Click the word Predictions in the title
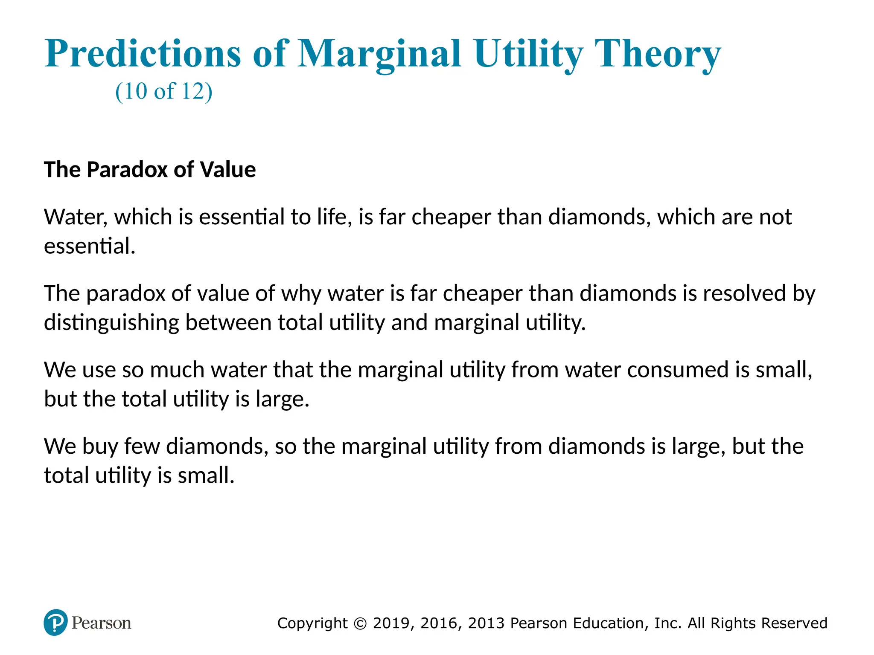pos(143,54)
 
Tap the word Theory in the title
pos(658,54)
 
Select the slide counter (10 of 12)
pos(163,91)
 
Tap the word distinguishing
pos(111,323)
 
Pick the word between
pos(228,322)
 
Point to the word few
pos(142,446)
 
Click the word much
pos(177,370)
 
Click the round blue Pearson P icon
pos(55,623)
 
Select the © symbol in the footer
pos(361,623)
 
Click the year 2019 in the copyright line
pos(392,623)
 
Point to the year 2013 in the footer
pos(487,623)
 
